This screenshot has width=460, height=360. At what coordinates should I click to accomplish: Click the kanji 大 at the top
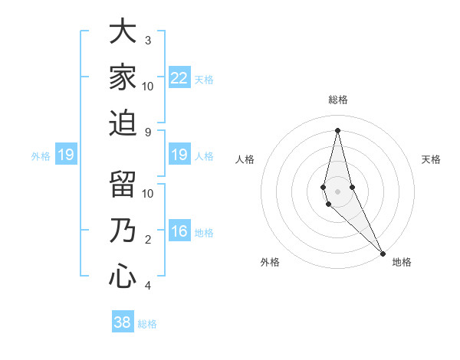point(123,33)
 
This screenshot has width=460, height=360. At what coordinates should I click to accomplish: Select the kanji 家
point(123,77)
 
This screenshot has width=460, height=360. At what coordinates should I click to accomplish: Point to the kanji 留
point(123,186)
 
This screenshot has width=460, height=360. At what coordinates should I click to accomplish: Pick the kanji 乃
point(123,231)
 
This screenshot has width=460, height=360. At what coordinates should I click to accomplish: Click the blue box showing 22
point(179,77)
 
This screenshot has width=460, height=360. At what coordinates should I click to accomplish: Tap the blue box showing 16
point(179,232)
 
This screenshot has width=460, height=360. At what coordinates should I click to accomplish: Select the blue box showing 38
point(123,322)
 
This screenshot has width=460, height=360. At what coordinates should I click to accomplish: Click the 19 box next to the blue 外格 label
point(65,155)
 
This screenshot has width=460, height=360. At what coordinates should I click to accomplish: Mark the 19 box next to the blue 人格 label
point(179,155)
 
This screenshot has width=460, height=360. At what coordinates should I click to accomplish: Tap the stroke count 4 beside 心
point(148,286)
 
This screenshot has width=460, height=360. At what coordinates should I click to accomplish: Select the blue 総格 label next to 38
point(147,324)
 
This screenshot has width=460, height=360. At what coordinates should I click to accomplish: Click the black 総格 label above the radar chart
point(338,100)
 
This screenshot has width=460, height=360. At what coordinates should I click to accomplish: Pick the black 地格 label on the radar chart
point(402,263)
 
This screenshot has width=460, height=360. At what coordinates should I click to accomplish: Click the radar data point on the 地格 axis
point(383,253)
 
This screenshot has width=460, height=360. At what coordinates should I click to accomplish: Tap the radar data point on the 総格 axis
point(338,129)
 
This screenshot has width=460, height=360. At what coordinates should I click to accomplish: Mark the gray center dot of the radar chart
point(338,180)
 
